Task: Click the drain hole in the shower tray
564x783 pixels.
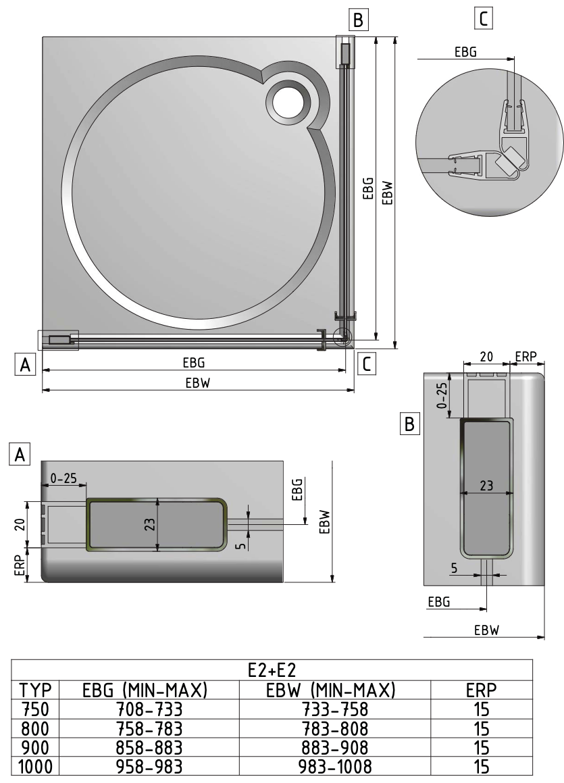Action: click(x=288, y=102)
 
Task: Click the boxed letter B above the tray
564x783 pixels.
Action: click(x=359, y=20)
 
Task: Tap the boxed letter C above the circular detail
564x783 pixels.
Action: click(x=483, y=19)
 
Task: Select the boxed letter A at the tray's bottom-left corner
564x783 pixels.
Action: click(x=25, y=365)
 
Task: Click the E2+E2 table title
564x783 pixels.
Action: click(x=272, y=670)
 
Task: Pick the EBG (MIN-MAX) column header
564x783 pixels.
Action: click(x=145, y=690)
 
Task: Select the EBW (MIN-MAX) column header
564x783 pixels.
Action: click(x=330, y=690)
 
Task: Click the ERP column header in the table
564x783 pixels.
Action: click(x=481, y=690)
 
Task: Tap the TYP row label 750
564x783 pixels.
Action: click(x=35, y=709)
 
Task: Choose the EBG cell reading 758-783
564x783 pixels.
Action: click(x=149, y=728)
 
